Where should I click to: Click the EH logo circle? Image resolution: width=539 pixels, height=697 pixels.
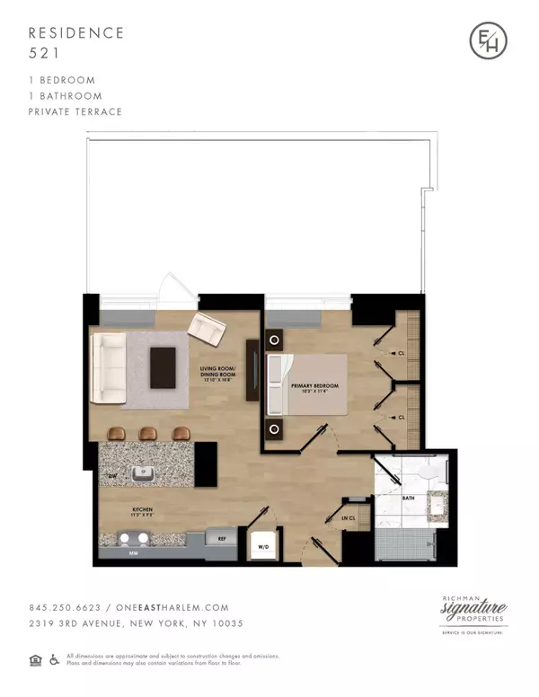(x=489, y=40)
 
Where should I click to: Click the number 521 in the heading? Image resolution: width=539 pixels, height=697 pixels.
(x=42, y=52)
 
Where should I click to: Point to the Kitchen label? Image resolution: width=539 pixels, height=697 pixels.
(x=119, y=511)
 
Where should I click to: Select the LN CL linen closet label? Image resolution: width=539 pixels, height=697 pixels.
(x=349, y=518)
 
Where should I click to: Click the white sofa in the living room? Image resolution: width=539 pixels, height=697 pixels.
(x=110, y=369)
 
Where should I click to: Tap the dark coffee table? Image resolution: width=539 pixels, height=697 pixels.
(x=163, y=366)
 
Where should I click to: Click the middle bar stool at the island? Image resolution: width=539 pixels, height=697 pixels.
(x=148, y=434)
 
